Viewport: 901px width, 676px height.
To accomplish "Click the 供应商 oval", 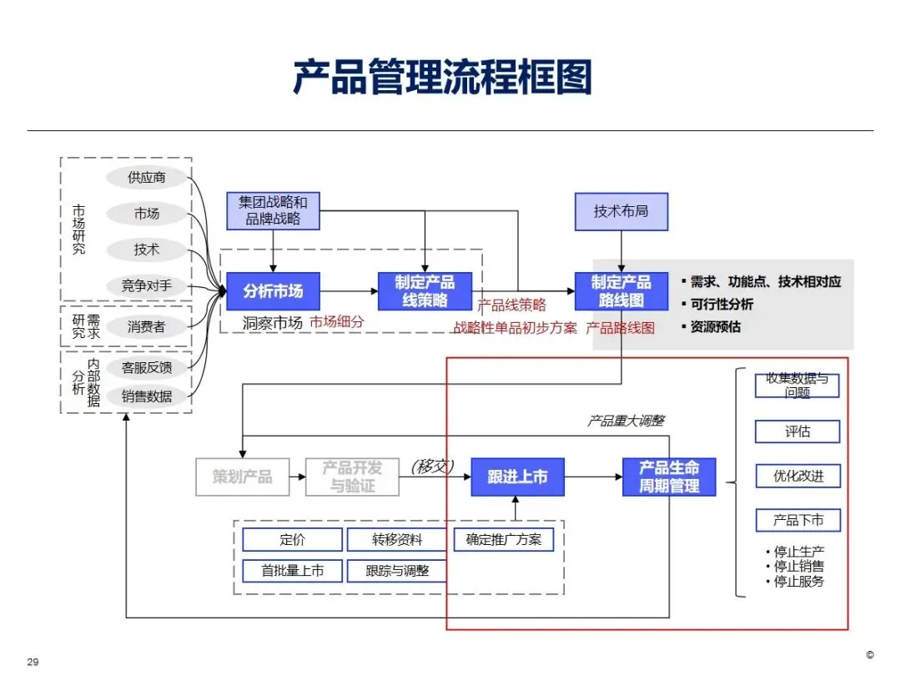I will tap(147, 177).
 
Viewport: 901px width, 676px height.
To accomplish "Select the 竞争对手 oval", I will tap(147, 285).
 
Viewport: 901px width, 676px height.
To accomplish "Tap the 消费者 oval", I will tap(147, 326).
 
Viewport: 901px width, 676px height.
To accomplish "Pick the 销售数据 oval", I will tap(147, 396).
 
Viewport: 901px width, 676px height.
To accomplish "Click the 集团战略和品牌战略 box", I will tap(273, 211).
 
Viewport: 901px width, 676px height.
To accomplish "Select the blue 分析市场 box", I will tap(273, 291).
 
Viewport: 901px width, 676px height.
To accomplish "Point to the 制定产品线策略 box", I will tap(425, 291).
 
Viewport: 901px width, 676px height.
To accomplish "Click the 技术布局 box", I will tap(622, 211).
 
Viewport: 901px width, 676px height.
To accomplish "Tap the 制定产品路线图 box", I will tap(622, 291).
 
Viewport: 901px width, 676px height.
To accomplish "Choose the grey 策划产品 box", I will tap(242, 477).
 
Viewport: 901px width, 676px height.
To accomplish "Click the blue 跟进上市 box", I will tap(517, 477).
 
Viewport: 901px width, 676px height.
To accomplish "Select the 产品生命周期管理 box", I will tap(669, 477).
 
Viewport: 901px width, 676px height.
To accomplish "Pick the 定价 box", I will tap(292, 540).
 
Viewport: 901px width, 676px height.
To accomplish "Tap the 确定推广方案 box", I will tap(503, 540).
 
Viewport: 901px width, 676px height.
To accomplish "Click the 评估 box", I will tap(798, 431).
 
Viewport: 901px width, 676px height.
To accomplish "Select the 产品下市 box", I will tap(798, 521).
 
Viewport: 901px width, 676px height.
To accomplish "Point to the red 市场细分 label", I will tap(337, 321).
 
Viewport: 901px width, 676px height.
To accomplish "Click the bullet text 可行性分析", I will tap(721, 305).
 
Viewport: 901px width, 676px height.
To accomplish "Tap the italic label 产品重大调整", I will tap(626, 421).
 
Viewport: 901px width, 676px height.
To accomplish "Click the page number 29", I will tap(33, 662).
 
